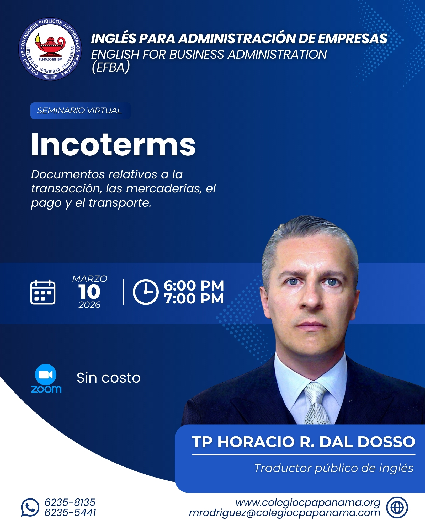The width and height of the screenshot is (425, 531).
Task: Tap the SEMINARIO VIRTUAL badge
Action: [80, 110]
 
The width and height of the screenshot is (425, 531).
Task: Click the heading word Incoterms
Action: [113, 145]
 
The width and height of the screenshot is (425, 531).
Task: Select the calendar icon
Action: [43, 292]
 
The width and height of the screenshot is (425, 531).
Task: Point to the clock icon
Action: [146, 292]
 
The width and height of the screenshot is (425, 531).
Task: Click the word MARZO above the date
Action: [90, 279]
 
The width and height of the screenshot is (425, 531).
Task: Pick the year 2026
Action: [89, 305]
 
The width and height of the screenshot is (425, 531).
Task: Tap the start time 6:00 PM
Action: [194, 286]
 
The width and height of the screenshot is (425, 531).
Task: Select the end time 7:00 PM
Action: [194, 299]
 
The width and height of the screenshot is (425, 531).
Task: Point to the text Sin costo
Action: [109, 378]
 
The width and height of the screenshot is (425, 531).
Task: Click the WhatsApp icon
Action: [30, 507]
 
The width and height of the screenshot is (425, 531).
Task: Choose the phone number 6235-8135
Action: [70, 502]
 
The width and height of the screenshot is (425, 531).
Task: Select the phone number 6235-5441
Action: [70, 513]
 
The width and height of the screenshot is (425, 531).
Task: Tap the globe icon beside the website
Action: [397, 507]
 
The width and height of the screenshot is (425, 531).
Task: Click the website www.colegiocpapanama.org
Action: [308, 502]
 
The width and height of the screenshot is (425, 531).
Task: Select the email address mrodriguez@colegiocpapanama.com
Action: [284, 513]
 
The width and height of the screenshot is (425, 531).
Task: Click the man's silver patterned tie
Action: [317, 404]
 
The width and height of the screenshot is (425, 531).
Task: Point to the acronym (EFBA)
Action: [110, 67]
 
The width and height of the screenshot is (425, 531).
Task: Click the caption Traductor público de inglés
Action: [334, 468]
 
